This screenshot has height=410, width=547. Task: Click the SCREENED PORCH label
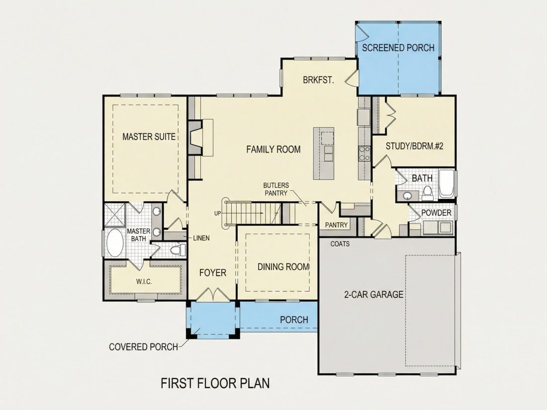398,48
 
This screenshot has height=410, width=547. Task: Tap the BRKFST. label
318,80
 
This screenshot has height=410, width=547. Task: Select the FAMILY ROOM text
273,150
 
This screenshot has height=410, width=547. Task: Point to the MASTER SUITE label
149,137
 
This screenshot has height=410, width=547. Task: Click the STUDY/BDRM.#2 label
414,146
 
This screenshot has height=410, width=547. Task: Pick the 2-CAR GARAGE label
373,295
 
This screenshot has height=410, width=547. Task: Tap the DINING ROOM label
283,267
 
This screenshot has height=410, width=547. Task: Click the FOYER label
213,273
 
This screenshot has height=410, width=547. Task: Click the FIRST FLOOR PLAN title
215,383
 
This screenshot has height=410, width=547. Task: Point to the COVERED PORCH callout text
143,347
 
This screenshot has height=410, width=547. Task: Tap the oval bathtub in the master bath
114,243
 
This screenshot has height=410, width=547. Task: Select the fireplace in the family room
195,138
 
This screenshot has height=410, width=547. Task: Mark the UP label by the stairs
218,213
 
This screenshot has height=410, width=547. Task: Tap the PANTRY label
336,225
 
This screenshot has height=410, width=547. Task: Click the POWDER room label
436,213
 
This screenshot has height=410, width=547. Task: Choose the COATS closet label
340,244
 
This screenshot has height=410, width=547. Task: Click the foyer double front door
213,294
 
